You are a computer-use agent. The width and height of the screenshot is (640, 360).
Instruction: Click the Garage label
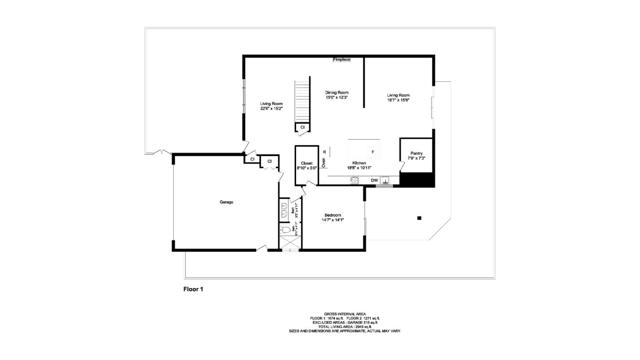[x=227, y=203]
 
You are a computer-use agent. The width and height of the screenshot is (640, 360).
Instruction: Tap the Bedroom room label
[x=333, y=217]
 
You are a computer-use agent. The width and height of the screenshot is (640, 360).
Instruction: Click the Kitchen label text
[x=358, y=164]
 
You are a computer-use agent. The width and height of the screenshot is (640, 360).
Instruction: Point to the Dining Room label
[x=337, y=95]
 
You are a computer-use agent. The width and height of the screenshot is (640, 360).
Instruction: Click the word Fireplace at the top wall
[x=342, y=60]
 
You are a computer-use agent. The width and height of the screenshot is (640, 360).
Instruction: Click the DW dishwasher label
[x=374, y=181]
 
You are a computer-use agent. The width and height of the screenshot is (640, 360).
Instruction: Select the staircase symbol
[x=298, y=103]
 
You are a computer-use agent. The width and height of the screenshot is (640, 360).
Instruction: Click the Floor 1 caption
[x=194, y=289]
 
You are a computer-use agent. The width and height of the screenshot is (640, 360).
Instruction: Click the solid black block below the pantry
[x=416, y=180]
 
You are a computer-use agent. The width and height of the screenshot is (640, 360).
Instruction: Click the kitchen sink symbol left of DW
[x=355, y=181]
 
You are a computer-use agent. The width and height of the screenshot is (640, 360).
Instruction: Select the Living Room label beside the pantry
[x=399, y=97]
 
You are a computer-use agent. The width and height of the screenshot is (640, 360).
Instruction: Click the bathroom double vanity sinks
[x=284, y=210]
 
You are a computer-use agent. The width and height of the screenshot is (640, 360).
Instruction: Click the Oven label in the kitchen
[x=324, y=156]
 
